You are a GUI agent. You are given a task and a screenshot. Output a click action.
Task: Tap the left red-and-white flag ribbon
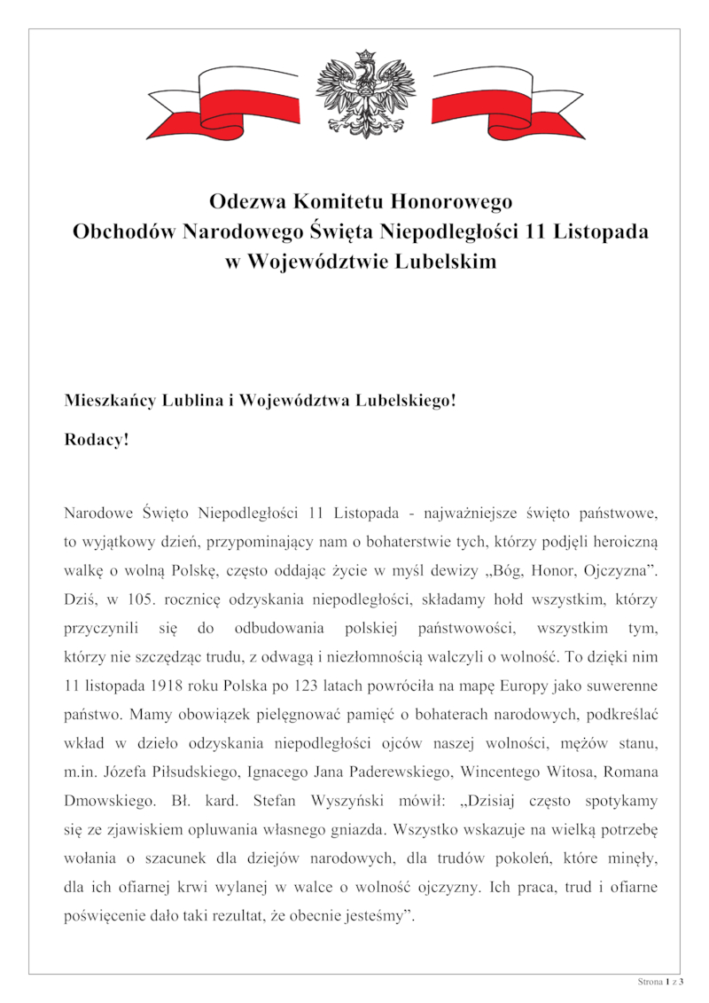[222, 102]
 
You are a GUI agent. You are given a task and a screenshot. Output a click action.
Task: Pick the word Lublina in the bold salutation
[190, 400]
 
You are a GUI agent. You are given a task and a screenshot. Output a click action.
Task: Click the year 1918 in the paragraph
[172, 686]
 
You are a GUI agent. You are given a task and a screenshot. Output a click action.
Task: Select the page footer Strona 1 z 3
[660, 982]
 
